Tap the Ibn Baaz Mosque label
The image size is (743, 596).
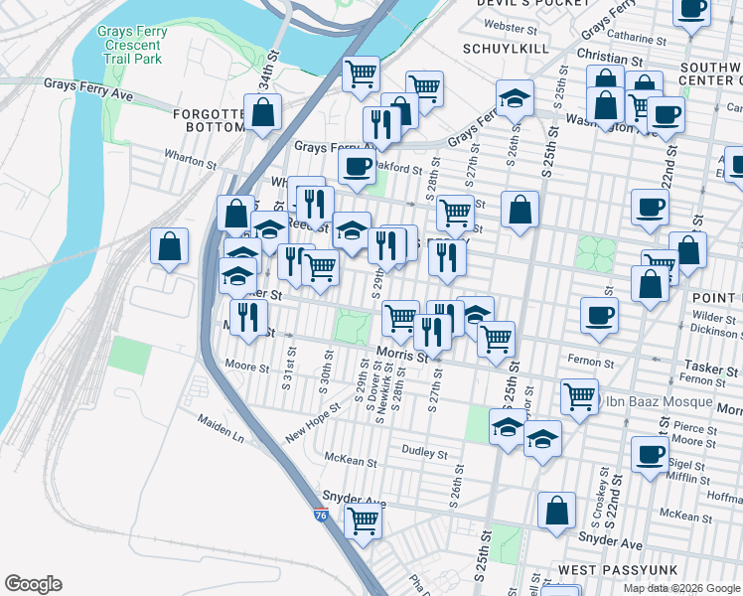click(x=657, y=401)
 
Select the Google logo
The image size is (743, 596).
click(x=33, y=584)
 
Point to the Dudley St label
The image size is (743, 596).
click(x=425, y=452)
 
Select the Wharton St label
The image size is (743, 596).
click(x=191, y=161)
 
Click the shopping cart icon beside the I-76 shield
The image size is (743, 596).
click(x=363, y=520)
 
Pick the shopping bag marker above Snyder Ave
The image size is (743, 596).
click(x=556, y=511)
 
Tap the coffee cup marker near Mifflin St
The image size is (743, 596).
click(x=650, y=455)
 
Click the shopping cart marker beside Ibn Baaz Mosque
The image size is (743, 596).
click(x=579, y=395)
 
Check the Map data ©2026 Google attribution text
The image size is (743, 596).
click(x=680, y=587)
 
